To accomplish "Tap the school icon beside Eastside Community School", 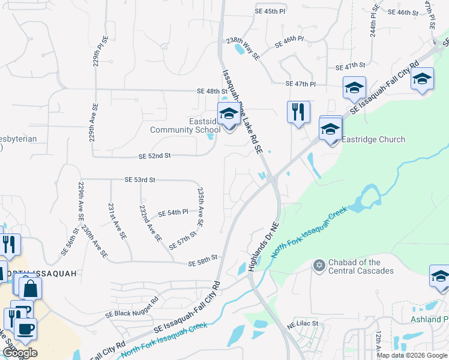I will point(229,114).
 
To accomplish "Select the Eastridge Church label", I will point(373,139).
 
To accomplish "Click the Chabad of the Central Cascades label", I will point(362,266).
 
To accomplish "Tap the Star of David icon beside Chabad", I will point(319,265).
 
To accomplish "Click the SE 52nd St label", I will point(155,155).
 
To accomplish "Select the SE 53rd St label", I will point(140,179).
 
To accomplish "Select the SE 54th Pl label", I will point(173,213).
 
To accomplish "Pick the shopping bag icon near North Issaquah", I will point(30,288).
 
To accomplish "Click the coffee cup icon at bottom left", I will point(25,329).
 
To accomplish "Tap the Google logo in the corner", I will point(19,353).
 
